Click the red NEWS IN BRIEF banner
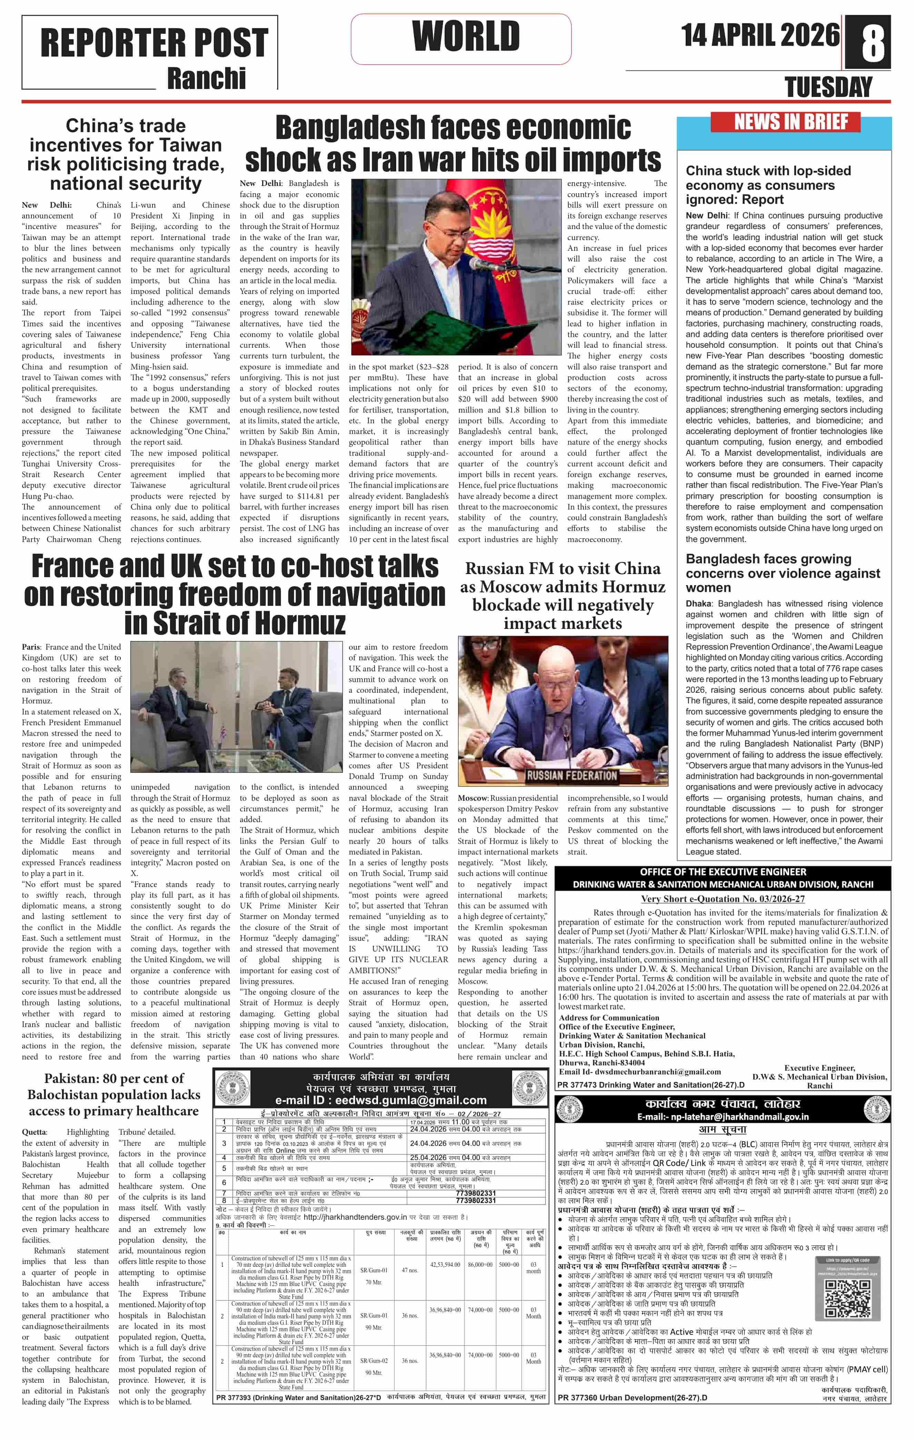pos(784,122)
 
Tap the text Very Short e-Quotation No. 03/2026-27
pos(722,899)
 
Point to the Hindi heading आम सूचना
pos(722,1130)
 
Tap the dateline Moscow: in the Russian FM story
pos(474,798)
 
